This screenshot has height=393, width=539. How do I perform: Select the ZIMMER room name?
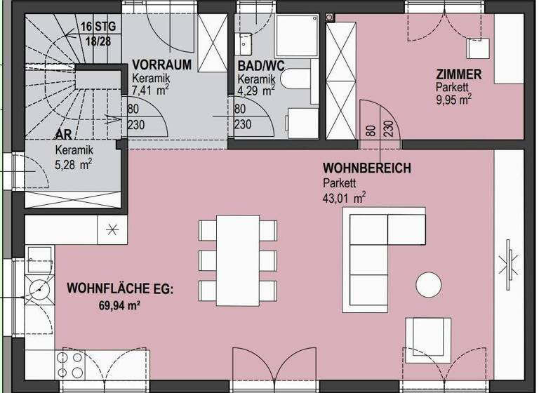pyautogui.click(x=458, y=74)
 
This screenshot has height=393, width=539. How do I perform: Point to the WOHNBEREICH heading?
pyautogui.click(x=366, y=169)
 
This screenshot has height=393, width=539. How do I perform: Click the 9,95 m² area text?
pyautogui.click(x=453, y=100)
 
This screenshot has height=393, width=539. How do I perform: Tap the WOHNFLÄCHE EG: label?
pyautogui.click(x=119, y=288)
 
